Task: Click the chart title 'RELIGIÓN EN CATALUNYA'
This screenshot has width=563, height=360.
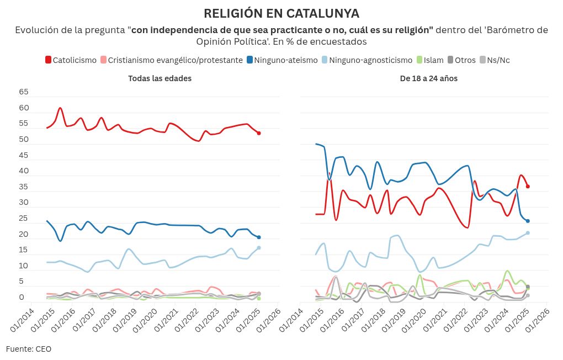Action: click(281, 13)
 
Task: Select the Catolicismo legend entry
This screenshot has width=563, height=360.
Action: click(70, 60)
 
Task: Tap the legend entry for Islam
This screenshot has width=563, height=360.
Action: click(429, 60)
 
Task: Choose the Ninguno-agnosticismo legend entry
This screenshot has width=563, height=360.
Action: click(366, 60)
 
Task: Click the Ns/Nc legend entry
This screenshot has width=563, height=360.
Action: click(494, 60)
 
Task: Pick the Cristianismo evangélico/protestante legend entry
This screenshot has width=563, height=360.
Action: click(171, 60)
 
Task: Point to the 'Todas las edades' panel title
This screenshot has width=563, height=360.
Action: click(160, 78)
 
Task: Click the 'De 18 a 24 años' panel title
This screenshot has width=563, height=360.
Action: click(429, 78)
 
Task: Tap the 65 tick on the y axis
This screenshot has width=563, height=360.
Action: click(24, 92)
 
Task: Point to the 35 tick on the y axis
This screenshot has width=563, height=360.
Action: click(24, 187)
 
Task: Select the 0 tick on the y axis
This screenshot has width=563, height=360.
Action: click(24, 298)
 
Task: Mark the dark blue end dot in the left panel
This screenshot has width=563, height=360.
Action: click(259, 237)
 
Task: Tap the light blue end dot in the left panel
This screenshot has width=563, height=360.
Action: click(259, 248)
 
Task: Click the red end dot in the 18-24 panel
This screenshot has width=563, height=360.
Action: click(528, 186)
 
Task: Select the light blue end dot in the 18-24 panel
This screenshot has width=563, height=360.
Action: click(528, 232)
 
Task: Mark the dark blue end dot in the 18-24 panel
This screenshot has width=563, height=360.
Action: click(528, 221)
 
